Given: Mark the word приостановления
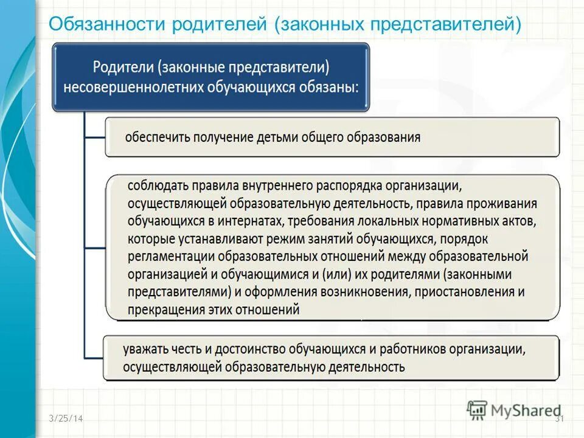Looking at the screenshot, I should (x=465, y=292).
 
